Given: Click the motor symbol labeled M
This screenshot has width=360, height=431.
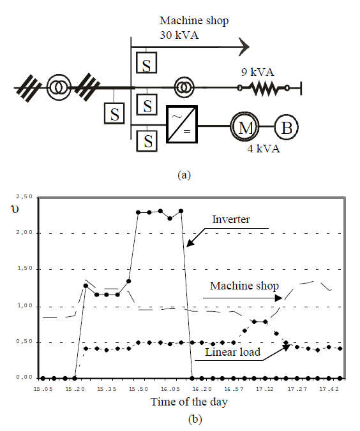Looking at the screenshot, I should click(245, 128).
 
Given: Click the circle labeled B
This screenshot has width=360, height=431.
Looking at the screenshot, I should click(287, 128).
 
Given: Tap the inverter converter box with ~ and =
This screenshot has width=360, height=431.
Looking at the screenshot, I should click(181, 124).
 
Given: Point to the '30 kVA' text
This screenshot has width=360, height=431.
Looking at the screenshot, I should click(179, 35).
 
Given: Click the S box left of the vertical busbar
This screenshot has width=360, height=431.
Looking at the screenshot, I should click(115, 114).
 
